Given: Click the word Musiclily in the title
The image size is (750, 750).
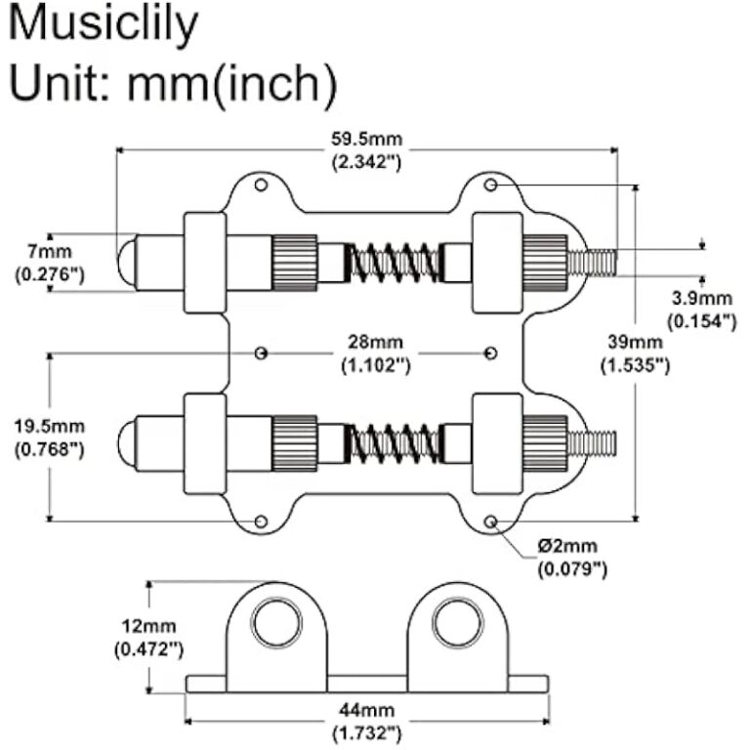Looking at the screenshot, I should pyautogui.click(x=103, y=26).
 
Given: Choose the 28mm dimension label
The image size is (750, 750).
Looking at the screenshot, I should pyautogui.click(x=374, y=345).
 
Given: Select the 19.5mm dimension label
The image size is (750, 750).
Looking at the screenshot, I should pyautogui.click(x=49, y=427).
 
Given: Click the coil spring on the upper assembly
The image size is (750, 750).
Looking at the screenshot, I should pyautogui.click(x=394, y=262).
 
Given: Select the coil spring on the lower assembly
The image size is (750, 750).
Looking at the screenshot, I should pyautogui.click(x=394, y=442).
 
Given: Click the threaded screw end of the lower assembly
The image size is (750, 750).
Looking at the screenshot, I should pyautogui.click(x=593, y=442).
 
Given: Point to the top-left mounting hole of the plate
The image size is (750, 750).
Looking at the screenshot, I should pyautogui.click(x=261, y=186).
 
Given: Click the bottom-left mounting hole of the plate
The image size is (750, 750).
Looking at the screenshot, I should pyautogui.click(x=261, y=522).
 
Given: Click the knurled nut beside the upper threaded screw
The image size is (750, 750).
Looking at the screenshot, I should pyautogui.click(x=545, y=262).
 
